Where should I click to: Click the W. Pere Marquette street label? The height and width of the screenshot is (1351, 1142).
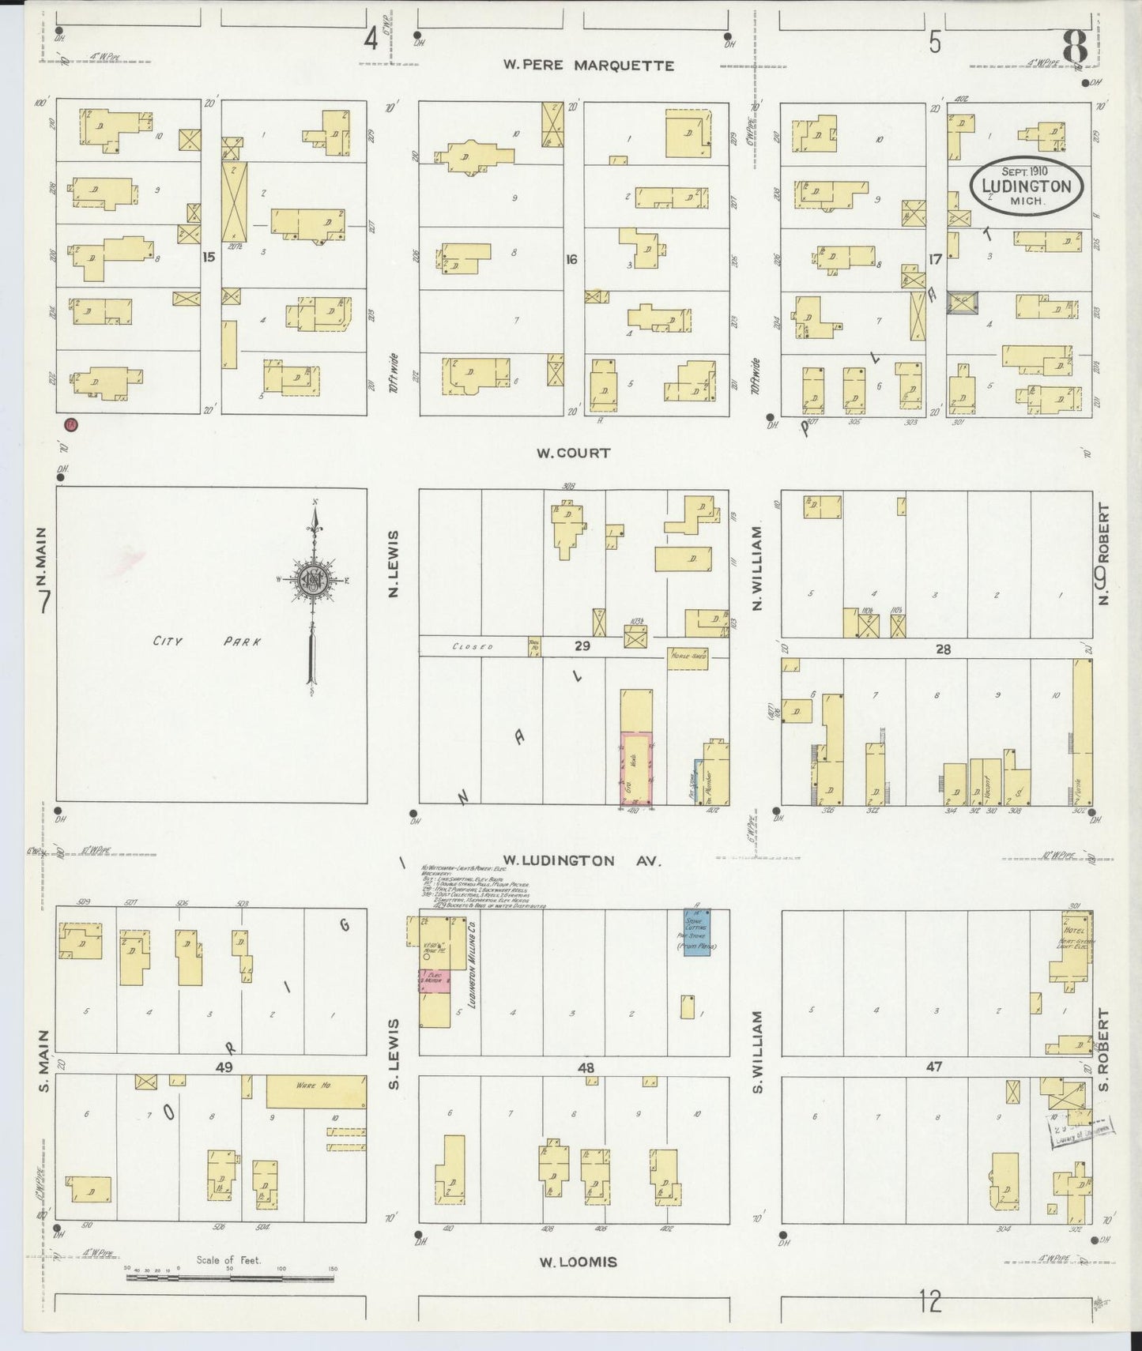point(589,65)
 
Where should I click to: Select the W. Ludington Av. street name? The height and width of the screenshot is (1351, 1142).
point(570,860)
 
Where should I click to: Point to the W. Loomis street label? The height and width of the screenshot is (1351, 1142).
point(578,1262)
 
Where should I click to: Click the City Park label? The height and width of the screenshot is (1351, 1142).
point(206,642)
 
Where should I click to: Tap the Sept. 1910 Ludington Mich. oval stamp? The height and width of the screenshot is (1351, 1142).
point(1026,186)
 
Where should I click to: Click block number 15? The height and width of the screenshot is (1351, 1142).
point(209,257)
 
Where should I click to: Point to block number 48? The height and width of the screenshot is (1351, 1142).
point(585,1067)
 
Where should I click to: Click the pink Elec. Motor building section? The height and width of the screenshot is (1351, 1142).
point(434,980)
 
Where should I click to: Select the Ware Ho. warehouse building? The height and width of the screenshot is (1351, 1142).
point(315,1091)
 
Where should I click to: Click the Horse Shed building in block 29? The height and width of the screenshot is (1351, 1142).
point(687,658)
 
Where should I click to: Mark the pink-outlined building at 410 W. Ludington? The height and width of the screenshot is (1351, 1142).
point(635,768)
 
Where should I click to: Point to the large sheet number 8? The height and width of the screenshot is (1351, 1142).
point(1076,46)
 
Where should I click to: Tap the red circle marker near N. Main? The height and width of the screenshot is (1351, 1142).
point(71,424)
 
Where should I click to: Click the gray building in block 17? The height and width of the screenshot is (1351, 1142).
point(962,301)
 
